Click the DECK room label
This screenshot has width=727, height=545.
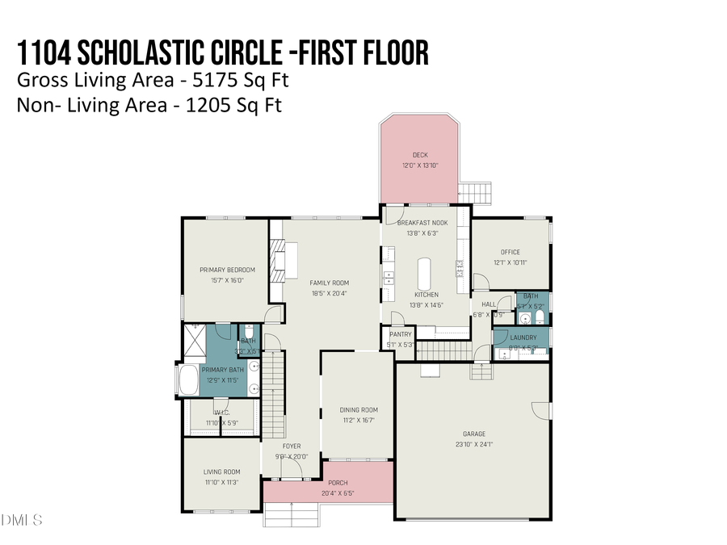(420, 155)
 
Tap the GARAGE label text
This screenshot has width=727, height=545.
(473, 434)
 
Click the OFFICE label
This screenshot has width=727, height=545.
(511, 252)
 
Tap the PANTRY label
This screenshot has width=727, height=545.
(401, 334)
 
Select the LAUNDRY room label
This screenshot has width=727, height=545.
(523, 337)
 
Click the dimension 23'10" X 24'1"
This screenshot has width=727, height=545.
(473, 444)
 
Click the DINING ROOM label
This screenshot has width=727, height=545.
(358, 409)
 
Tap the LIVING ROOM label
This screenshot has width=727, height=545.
(221, 472)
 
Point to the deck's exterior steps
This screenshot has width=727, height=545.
(474, 192)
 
